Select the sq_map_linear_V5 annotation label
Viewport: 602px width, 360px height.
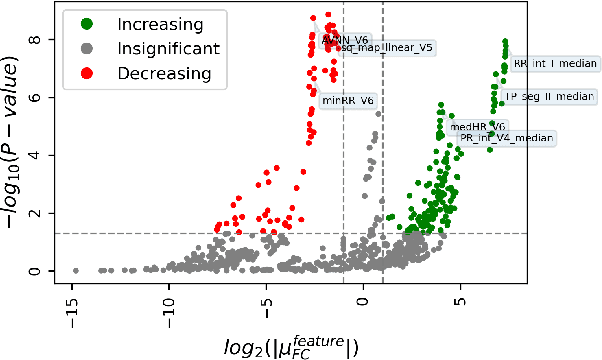tap(388, 47)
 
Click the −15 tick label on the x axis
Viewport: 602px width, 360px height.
tap(71, 301)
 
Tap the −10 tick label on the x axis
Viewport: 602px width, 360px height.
tap(169, 301)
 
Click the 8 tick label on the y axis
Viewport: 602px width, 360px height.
tap(35, 40)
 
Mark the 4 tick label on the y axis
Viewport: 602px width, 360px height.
tap(35, 156)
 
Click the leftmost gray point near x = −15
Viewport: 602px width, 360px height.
tap(75, 270)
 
